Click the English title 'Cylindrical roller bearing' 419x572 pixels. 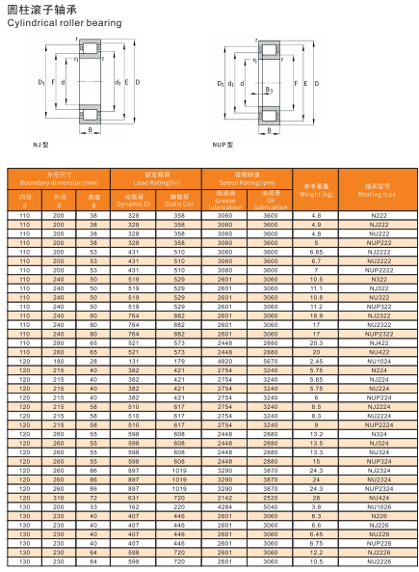coord(65,23)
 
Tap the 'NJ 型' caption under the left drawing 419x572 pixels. coord(40,145)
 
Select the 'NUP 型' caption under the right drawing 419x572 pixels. coord(223,145)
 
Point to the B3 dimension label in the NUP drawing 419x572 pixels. coord(270,90)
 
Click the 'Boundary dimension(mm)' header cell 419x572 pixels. coord(59,182)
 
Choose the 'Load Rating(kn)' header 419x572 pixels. coord(157,182)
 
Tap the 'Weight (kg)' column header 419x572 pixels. coord(316,194)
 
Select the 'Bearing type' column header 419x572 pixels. coord(377,195)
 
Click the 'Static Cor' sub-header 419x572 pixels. coord(179,204)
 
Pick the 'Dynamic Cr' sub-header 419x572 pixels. coord(133,204)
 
